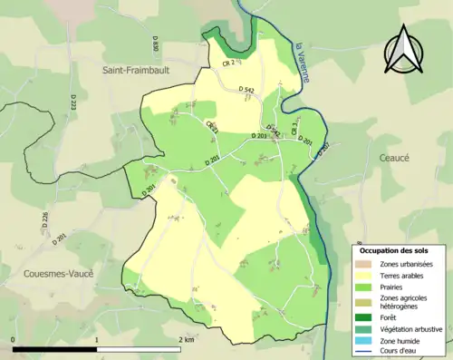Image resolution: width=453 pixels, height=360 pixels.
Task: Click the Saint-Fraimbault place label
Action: coord(140,68)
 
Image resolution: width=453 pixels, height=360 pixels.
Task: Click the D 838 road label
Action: coord(156,44)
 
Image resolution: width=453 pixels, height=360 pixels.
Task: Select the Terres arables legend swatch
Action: coord(366,276)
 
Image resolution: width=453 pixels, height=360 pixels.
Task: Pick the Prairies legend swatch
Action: coord(366,288)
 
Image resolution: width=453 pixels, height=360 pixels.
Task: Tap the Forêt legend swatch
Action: coord(366,317)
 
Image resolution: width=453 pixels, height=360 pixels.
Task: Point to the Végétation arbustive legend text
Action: coord(410,329)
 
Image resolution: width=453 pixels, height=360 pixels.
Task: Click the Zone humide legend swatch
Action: coord(366,341)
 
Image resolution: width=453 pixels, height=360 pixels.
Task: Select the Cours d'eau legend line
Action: coord(366,352)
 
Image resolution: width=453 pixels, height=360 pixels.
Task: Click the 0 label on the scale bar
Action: coord(14,340)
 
